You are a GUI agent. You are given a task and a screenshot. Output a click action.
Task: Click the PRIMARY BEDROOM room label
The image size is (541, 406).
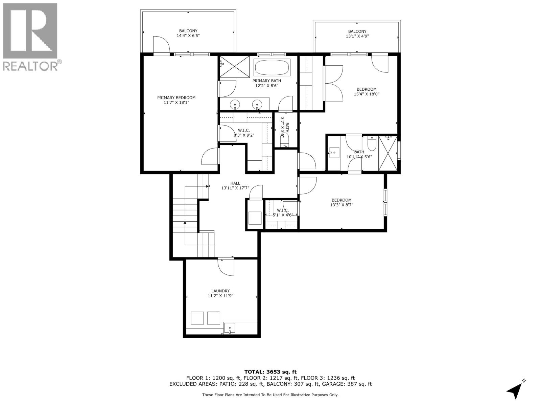[176, 98]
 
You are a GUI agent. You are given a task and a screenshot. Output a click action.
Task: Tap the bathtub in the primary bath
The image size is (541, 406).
[272, 68]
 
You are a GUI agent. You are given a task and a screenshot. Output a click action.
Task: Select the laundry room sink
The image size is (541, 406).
[230, 328]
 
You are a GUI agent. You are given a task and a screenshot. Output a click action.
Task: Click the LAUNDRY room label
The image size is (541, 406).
[220, 291]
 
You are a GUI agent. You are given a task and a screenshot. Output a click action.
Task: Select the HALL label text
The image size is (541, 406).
[235, 183]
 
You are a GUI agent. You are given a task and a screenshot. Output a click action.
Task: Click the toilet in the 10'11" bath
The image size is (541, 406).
[371, 144]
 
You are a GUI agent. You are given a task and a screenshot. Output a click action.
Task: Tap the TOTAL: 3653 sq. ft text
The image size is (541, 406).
[270, 372]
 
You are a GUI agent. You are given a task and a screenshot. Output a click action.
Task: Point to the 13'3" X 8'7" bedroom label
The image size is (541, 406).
[342, 202]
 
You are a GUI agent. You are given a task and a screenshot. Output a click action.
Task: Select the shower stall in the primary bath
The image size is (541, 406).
[235, 67]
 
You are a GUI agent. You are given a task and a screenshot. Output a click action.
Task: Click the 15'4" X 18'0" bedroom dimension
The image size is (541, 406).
[367, 94]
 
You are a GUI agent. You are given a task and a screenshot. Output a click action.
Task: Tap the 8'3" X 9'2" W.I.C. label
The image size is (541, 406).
[244, 133]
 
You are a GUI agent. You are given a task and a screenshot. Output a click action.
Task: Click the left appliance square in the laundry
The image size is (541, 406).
[197, 318]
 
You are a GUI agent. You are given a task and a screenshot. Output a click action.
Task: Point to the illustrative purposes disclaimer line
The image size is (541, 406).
[270, 395]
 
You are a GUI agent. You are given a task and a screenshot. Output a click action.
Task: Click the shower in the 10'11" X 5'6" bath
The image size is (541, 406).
[388, 153]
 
